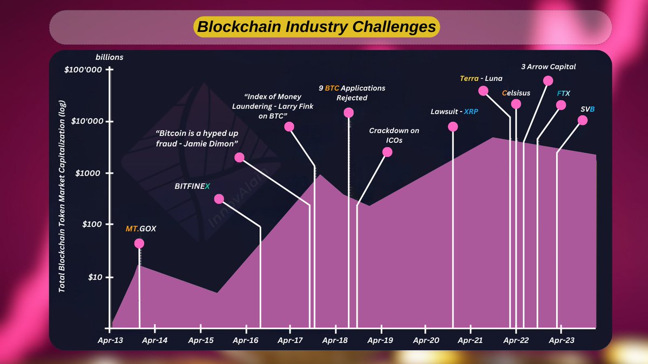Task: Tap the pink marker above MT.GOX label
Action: point(139,243)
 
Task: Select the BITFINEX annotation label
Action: point(193,186)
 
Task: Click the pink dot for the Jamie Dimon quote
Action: point(239,157)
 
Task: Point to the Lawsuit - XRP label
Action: point(458,112)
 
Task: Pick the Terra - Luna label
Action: point(481,78)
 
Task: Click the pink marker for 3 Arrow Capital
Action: point(548,81)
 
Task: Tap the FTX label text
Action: point(563,93)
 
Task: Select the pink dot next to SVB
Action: point(582,120)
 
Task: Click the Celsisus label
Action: point(516,93)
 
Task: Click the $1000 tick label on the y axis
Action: point(87,173)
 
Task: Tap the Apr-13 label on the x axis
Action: point(110,341)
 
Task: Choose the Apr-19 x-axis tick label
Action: point(381,341)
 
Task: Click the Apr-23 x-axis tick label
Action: point(561,341)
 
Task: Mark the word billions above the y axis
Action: point(110,57)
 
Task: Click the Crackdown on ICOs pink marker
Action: point(387,152)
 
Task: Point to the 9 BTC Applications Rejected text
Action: point(352,92)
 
